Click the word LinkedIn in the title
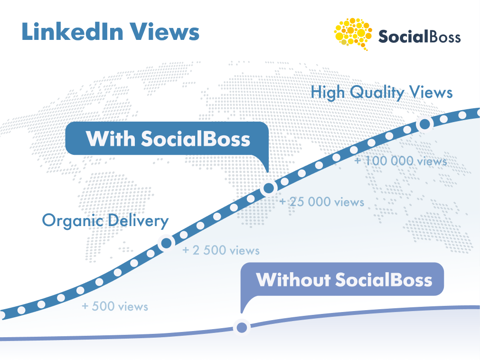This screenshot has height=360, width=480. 73,31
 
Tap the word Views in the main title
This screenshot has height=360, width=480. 164,31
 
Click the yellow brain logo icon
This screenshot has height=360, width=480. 353,34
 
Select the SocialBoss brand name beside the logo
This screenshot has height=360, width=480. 419,37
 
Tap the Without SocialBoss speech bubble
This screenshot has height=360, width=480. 342,279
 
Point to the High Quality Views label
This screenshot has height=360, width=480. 381,92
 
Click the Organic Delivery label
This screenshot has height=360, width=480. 105,221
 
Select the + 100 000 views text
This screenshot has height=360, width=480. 401,161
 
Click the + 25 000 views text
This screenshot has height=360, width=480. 322,202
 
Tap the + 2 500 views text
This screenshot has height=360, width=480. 221,250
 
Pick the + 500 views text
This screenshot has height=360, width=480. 115,306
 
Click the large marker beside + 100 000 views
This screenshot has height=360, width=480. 424,124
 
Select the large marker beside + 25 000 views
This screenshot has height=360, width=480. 269,188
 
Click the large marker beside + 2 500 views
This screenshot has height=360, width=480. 166,243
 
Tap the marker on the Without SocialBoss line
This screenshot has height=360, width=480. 242,328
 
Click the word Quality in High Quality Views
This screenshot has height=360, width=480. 377,92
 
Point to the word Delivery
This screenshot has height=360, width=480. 138,221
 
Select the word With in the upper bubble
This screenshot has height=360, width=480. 111,139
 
